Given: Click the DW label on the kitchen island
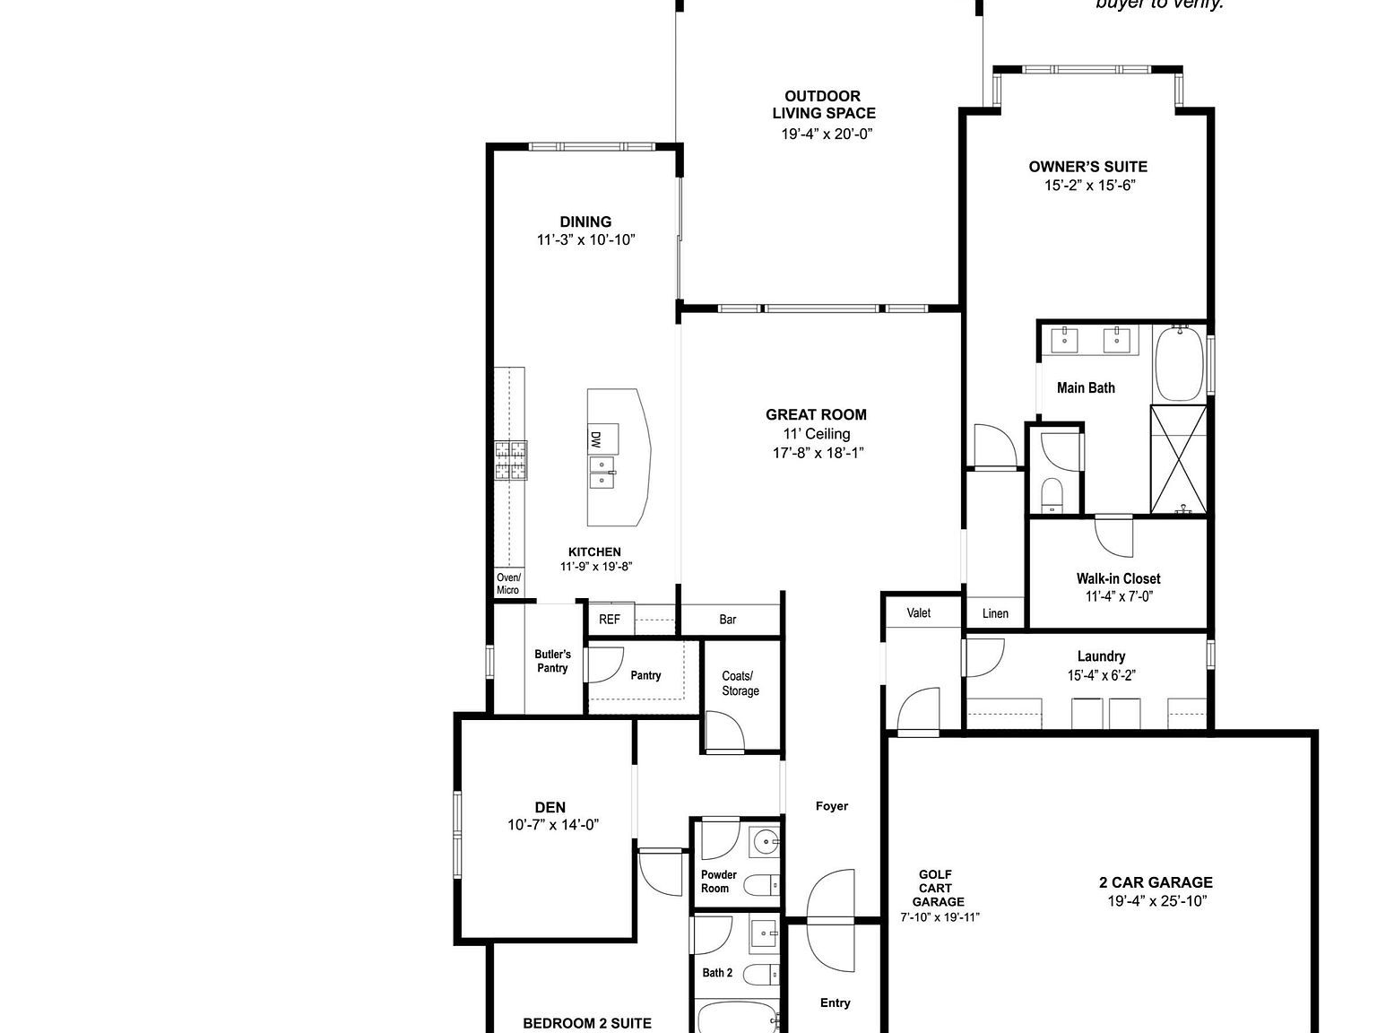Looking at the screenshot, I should tap(595, 439).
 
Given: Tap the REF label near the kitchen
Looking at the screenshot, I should tap(610, 619).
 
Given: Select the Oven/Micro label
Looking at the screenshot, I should tap(508, 584).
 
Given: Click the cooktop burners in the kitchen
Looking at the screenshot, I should tap(511, 461).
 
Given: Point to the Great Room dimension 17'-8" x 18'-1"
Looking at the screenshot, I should tap(818, 453).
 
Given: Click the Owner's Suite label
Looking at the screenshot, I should tap(1087, 166).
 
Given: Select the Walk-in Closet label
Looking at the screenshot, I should tap(1118, 578).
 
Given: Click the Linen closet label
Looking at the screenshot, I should tap(995, 613).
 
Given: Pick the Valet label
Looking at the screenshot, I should tap(919, 613).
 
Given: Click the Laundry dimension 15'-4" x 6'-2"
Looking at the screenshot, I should tap(1101, 676).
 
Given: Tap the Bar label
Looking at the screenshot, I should tap(728, 620).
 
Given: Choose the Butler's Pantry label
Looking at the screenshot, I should tap(552, 661).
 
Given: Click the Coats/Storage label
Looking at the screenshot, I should tap(740, 683).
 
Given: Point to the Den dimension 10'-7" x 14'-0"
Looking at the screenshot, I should tap(552, 825).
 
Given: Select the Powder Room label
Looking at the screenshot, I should tap(718, 881).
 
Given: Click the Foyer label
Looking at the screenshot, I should tap(832, 806).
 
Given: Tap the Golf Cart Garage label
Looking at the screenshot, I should tap(938, 888).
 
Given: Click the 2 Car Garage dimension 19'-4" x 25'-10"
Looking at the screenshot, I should tap(1156, 901).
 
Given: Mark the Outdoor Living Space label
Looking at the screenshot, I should tap(824, 104).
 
